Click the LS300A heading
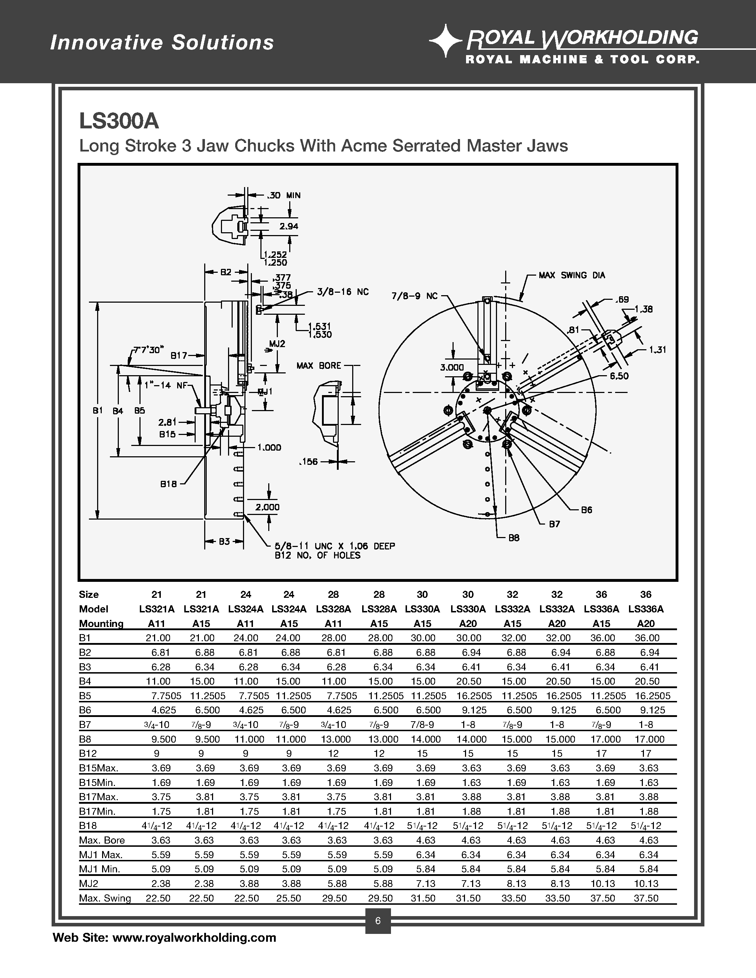[x=119, y=121]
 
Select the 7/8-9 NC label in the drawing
[x=414, y=296]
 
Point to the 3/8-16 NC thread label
[x=343, y=292]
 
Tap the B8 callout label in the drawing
[x=514, y=538]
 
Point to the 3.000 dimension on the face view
[x=452, y=367]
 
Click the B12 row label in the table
[x=88, y=753]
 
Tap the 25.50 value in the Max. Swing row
[x=289, y=898]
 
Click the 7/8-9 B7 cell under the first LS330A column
[x=422, y=724]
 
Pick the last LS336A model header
[x=645, y=609]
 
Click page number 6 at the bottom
[x=377, y=921]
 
